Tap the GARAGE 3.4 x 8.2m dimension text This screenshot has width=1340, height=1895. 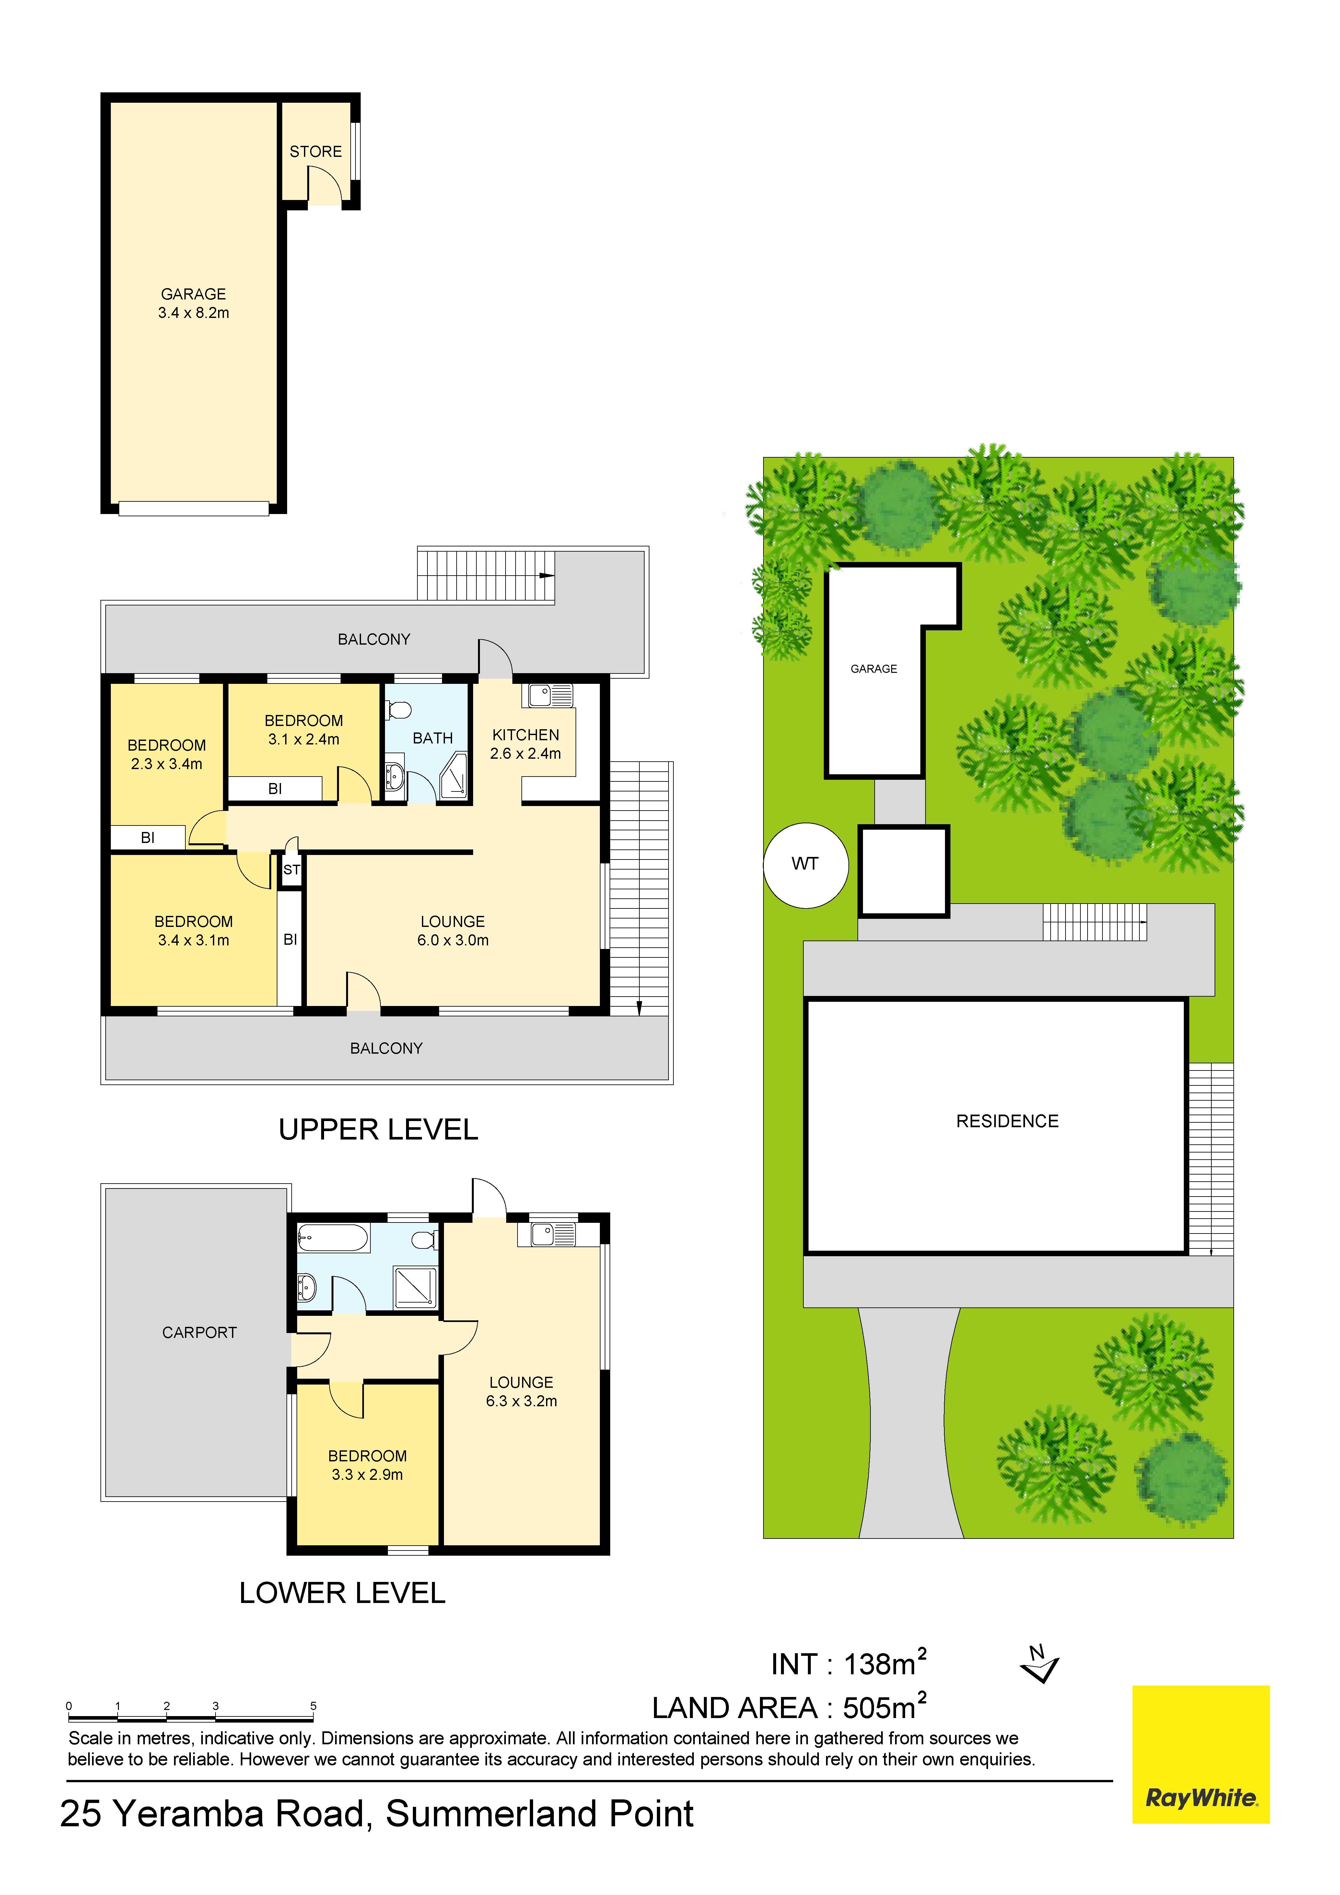194,313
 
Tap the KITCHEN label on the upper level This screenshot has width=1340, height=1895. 526,734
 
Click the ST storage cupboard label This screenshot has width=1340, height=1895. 291,870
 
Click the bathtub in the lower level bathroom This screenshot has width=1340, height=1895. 332,1238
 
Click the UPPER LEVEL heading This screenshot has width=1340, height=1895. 378,1129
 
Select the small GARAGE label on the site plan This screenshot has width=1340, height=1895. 874,669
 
